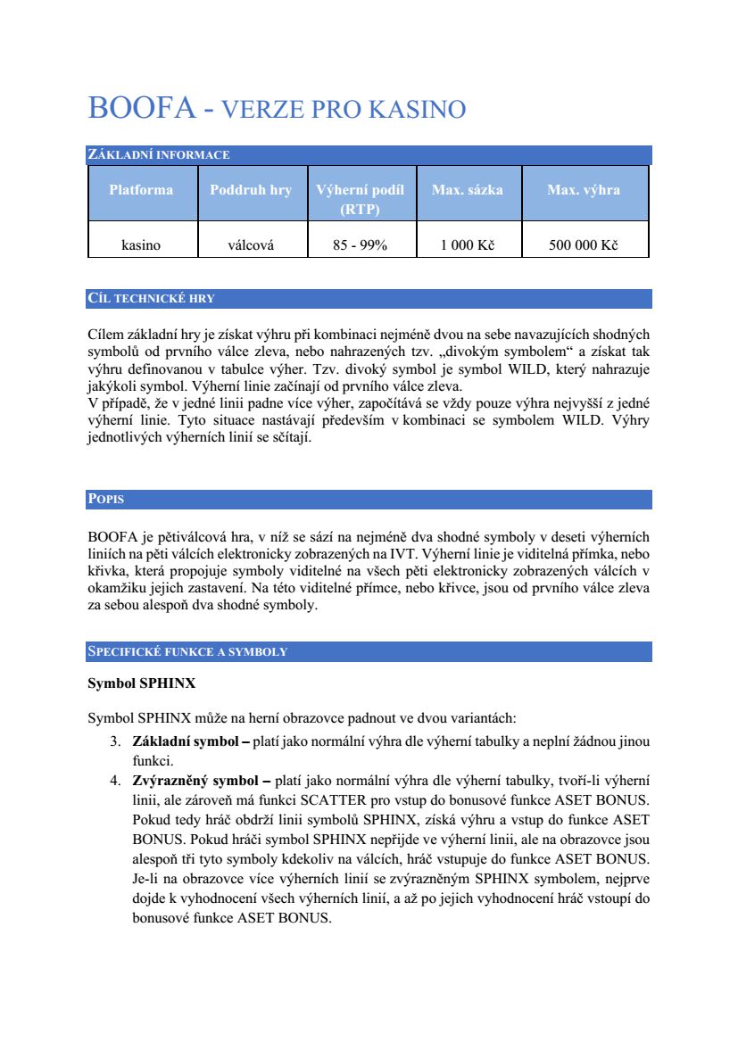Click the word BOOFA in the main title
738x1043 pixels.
pos(141,108)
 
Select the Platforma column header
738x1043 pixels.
pos(141,190)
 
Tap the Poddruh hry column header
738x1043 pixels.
pos(251,190)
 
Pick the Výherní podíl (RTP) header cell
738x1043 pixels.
pos(360,200)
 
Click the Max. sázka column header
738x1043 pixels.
pos(467,190)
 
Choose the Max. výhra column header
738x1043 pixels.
pos(584,190)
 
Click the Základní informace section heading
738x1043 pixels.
pos(158,155)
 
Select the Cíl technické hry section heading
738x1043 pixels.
pos(151,299)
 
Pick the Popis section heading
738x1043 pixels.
pos(105,500)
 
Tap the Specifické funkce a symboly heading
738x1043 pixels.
pos(187,652)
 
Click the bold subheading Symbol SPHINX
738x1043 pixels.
pos(141,684)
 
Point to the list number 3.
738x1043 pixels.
pos(115,741)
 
